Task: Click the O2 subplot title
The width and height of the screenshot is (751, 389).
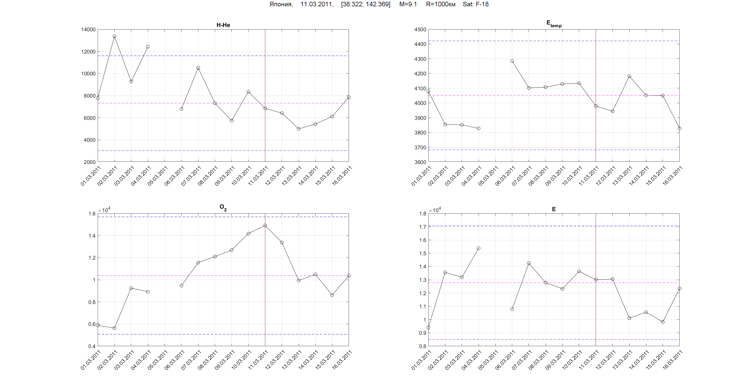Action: tap(223, 207)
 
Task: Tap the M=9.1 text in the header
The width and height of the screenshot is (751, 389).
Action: tap(408, 4)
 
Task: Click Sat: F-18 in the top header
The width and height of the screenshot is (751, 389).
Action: tap(476, 4)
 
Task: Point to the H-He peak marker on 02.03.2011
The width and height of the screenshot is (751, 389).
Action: tap(115, 36)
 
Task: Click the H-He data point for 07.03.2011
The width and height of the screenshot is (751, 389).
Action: tap(198, 68)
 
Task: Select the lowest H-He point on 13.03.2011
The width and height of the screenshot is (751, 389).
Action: tap(299, 129)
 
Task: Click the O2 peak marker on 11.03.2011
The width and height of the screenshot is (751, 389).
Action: tap(265, 226)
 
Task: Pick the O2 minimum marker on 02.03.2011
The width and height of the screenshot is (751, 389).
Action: tap(115, 328)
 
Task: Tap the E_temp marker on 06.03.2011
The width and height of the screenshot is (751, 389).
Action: tap(512, 61)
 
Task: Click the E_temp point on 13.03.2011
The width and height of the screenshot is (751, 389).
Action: tap(629, 76)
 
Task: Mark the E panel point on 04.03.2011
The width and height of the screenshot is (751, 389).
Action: tap(479, 248)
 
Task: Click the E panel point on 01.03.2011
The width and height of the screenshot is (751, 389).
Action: tap(428, 327)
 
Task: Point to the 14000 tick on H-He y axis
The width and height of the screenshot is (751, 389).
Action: tap(88, 30)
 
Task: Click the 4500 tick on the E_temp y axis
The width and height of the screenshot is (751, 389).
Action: tap(420, 30)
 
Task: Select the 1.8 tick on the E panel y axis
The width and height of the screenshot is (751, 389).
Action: tap(423, 214)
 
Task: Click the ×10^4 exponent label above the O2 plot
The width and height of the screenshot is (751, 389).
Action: tap(104, 210)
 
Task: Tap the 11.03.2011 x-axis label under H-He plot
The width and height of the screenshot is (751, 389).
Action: tap(258, 176)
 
